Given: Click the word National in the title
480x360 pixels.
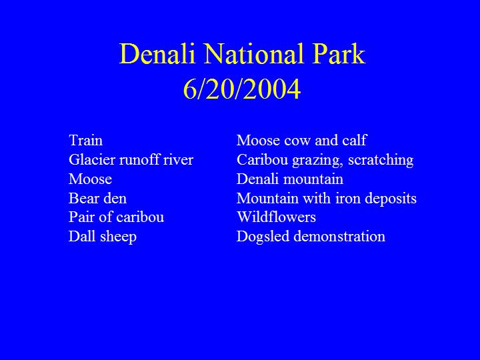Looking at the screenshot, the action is (254, 54).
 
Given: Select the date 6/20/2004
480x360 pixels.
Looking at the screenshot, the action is (242, 89).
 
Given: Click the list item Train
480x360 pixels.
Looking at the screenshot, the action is (86, 141).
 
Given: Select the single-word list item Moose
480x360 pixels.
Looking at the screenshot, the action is (90, 179).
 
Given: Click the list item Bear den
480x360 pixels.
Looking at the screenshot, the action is (97, 198).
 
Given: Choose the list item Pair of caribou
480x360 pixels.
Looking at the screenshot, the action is (116, 217).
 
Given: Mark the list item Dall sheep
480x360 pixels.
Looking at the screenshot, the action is (103, 237).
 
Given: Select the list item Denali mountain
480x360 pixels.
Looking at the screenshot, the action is (290, 179).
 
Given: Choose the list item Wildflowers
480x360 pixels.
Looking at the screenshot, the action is (276, 217).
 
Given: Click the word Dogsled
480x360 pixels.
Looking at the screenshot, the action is (263, 237).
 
